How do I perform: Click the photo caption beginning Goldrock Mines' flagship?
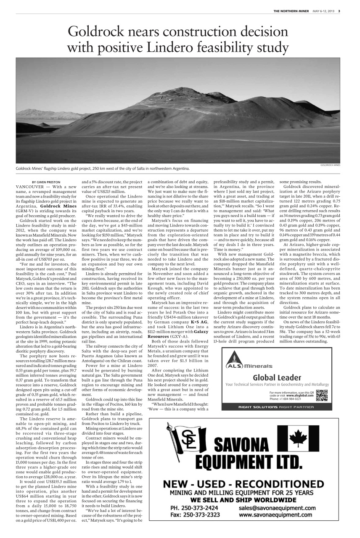[x=102, y=169]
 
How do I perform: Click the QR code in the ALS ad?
[x=321, y=396]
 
